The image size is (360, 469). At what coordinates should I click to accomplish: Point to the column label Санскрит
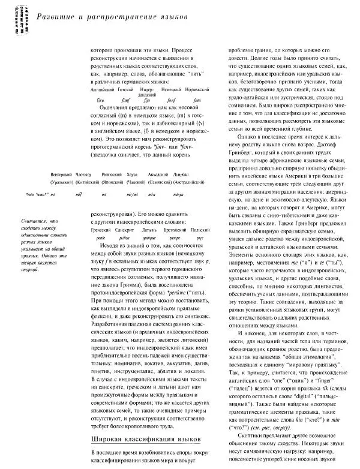(x=124, y=230)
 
